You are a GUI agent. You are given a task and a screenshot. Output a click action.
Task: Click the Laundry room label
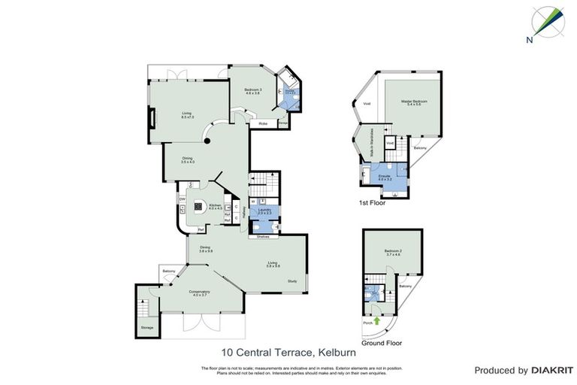coord(264,212)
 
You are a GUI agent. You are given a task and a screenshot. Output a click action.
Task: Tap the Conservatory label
coord(199,293)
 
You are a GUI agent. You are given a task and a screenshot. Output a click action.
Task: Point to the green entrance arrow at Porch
coord(377,321)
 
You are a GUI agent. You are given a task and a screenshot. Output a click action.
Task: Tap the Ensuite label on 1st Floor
coord(385,177)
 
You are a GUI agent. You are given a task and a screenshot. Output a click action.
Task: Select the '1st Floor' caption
coord(375,203)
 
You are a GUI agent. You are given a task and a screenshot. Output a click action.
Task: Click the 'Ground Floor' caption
coord(381,343)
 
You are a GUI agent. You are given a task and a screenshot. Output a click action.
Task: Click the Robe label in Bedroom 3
coord(263,123)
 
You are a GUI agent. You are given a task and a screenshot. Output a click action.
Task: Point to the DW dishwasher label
coord(182,199)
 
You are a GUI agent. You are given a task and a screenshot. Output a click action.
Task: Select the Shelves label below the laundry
coord(264,236)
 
